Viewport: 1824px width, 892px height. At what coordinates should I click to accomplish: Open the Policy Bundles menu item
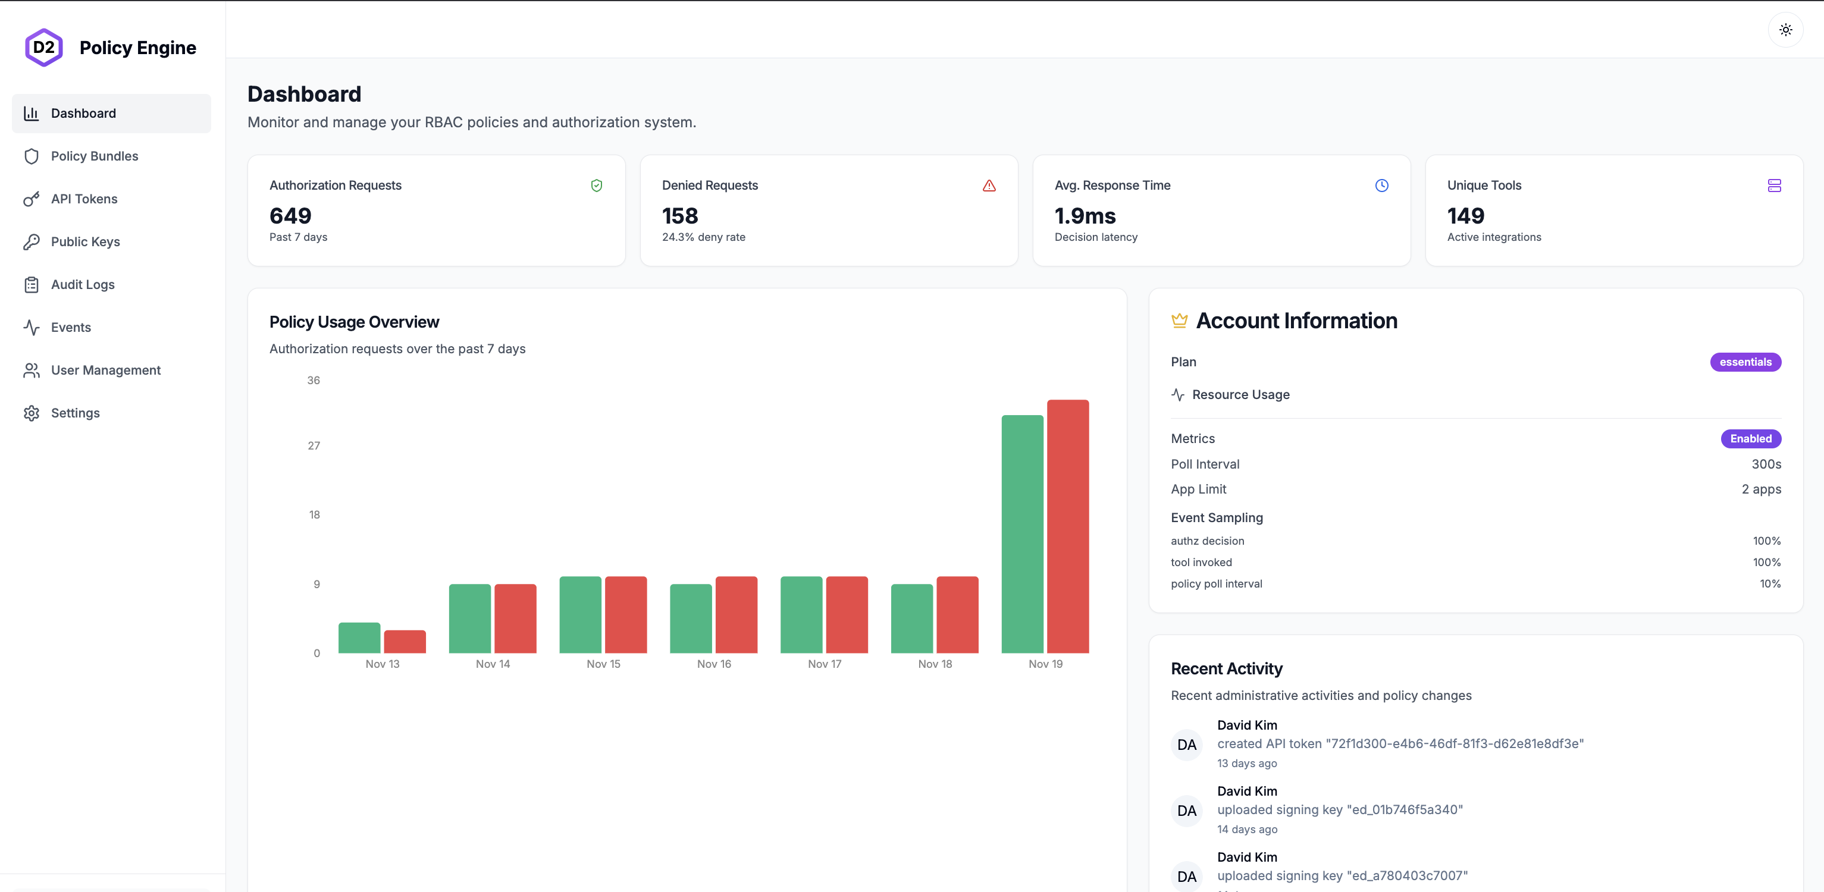pyautogui.click(x=94, y=156)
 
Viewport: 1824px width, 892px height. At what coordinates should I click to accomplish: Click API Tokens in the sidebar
pyautogui.click(x=83, y=199)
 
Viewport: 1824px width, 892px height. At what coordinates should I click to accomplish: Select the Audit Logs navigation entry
pyautogui.click(x=82, y=285)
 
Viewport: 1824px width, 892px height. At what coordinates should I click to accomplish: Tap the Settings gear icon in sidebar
pyautogui.click(x=31, y=413)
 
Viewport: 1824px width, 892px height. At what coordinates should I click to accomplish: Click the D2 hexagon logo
pyautogui.click(x=44, y=48)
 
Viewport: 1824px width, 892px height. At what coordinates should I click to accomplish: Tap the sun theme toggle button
pyautogui.click(x=1785, y=30)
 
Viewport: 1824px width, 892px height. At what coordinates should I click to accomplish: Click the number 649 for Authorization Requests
pyautogui.click(x=290, y=216)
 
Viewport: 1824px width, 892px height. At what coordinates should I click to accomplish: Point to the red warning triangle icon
pyautogui.click(x=989, y=186)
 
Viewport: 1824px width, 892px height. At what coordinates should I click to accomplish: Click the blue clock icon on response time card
pyautogui.click(x=1381, y=186)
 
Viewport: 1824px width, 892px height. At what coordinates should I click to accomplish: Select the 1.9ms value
pyautogui.click(x=1085, y=216)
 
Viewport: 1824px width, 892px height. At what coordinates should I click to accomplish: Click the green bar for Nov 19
pyautogui.click(x=1021, y=534)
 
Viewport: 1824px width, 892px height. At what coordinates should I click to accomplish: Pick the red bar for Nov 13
pyautogui.click(x=405, y=642)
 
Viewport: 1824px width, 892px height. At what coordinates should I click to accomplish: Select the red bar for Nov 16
pyautogui.click(x=736, y=614)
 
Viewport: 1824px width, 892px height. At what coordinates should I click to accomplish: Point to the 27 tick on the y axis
pyautogui.click(x=314, y=445)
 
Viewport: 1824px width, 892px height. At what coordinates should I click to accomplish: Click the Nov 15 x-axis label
pyautogui.click(x=603, y=664)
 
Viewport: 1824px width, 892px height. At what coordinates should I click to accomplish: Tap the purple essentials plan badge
pyautogui.click(x=1745, y=362)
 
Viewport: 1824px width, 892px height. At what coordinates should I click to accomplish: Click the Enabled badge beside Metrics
pyautogui.click(x=1750, y=439)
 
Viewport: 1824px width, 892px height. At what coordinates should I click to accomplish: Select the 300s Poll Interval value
pyautogui.click(x=1766, y=464)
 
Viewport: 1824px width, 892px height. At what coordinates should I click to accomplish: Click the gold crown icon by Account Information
pyautogui.click(x=1179, y=321)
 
